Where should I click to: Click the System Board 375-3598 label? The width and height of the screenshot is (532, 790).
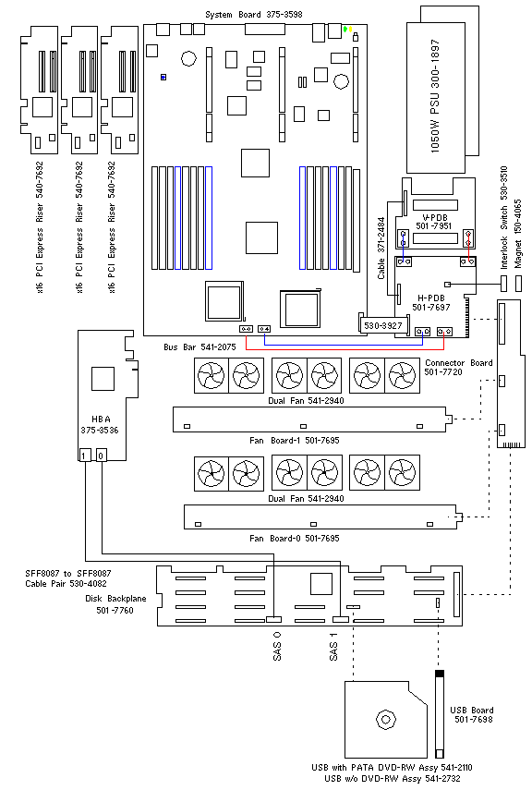pos(254,15)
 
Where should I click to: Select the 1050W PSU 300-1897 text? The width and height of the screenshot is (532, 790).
pos(435,96)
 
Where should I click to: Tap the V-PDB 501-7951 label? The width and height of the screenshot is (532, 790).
pos(433,222)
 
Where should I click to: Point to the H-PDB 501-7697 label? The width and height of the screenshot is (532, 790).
pos(431,303)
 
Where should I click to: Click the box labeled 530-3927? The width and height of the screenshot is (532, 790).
pos(383,325)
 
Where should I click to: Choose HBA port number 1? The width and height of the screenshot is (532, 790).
pos(85,456)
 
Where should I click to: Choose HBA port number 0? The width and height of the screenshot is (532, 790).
pos(102,456)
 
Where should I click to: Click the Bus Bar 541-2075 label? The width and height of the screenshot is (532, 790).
pos(199,347)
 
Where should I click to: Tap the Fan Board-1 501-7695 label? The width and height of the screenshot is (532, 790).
pos(295,441)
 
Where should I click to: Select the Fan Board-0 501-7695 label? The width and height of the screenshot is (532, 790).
pos(295,538)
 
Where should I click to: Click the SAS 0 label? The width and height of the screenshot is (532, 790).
pos(276,646)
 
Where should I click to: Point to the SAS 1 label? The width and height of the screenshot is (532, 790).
pos(333,647)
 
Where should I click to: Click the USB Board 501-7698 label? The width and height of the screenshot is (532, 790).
pos(472,715)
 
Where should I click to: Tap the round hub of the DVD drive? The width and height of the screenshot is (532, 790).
pos(385,719)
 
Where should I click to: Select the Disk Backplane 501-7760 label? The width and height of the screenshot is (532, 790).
pos(115,604)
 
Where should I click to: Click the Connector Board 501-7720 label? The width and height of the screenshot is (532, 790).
pos(458,368)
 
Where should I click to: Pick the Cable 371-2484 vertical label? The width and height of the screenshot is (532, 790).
pos(381,249)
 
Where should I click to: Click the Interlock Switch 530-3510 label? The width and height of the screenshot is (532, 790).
pos(503,217)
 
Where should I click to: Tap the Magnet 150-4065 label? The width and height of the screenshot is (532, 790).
pos(518,233)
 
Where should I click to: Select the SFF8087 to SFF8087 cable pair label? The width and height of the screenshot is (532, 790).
pos(68,578)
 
